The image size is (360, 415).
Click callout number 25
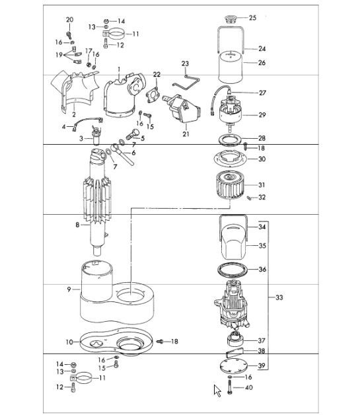click(252, 18)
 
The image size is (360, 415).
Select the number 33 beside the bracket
click(279, 298)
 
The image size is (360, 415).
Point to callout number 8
click(77, 225)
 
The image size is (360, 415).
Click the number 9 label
click(69, 289)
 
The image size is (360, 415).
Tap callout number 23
click(186, 64)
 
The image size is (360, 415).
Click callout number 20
click(70, 20)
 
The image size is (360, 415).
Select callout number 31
click(262, 185)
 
